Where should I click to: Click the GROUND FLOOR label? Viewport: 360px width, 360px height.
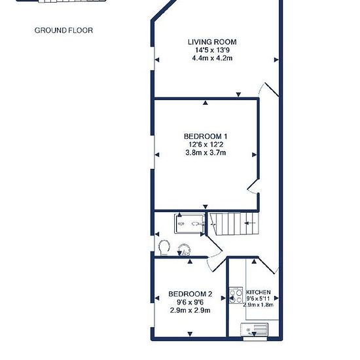pos(63,30)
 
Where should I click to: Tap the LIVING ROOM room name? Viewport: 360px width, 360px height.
pos(212,42)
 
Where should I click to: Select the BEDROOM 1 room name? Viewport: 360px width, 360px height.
pos(206,136)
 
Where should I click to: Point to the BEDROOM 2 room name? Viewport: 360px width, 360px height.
pos(190,294)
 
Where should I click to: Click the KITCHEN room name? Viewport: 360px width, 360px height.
pos(259,293)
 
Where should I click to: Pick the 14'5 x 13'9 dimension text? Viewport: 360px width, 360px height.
pos(212,50)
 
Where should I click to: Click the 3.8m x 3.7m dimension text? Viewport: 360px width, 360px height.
pos(206,153)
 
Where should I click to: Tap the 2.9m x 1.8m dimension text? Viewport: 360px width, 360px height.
pos(259,305)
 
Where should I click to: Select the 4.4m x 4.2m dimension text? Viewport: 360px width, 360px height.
pos(212,58)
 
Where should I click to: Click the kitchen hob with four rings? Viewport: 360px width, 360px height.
pos(236,295)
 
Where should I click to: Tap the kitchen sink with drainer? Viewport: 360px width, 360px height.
pos(255,329)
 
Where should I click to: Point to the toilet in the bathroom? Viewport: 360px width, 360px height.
pos(164,248)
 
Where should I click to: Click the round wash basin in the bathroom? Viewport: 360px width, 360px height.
pos(185,250)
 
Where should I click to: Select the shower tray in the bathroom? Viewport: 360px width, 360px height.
pos(190,224)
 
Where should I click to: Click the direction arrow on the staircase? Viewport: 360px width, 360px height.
pos(250,223)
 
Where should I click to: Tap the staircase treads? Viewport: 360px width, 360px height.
pos(234,224)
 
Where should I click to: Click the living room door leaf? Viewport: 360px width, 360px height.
pos(272,90)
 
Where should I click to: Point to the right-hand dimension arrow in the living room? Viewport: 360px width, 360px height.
pos(277,60)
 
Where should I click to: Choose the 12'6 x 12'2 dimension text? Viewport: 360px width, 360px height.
pos(206,145)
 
